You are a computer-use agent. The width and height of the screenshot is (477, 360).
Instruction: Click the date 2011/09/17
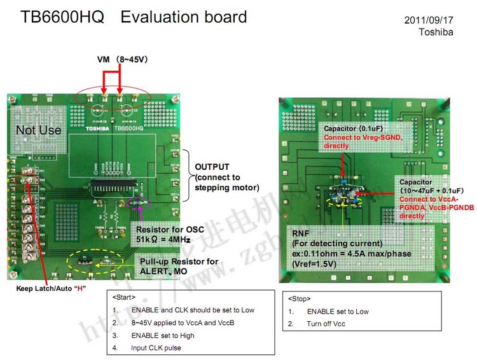[x=429, y=20]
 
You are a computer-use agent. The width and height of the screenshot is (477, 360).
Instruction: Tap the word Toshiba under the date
[x=436, y=32]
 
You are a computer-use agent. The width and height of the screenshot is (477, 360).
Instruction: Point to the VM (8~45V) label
[x=122, y=59]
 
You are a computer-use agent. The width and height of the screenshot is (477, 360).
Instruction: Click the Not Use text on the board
[x=38, y=130]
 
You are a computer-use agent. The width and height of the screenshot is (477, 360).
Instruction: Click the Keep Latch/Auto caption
[x=51, y=288]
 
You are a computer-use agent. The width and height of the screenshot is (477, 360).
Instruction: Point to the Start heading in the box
[x=123, y=298]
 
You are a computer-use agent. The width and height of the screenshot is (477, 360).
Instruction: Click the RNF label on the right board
[x=301, y=233]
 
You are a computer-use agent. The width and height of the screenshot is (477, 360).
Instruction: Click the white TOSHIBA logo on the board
[x=99, y=128]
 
